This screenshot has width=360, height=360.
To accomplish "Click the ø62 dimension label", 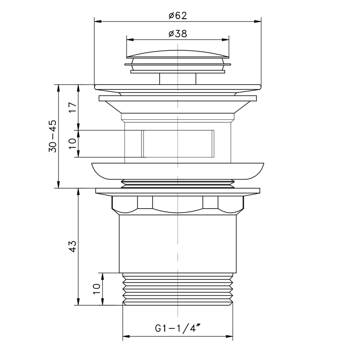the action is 178,16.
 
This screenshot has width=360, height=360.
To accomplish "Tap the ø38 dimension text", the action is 178,34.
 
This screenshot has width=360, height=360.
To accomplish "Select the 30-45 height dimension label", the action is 52,136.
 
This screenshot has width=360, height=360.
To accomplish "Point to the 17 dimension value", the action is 72,107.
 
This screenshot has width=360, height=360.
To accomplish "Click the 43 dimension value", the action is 72,246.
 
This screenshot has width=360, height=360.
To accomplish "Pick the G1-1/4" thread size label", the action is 178,328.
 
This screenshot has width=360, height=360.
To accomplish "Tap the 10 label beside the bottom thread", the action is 97,289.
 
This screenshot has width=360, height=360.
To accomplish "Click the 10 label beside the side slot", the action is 72,144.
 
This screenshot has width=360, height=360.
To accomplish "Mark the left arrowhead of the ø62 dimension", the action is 98,22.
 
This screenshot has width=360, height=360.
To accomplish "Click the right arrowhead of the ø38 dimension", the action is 226,40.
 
